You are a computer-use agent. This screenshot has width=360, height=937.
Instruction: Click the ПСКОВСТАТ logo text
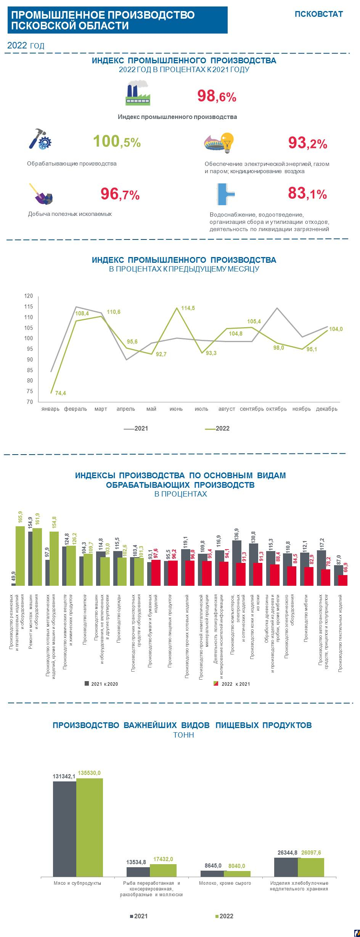(x=318, y=14)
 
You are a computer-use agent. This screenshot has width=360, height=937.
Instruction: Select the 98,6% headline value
(x=217, y=96)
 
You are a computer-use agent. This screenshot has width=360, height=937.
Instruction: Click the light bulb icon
(x=227, y=142)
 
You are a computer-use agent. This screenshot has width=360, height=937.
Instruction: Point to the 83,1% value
(x=307, y=194)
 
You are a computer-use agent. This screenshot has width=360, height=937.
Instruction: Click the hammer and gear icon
(x=40, y=139)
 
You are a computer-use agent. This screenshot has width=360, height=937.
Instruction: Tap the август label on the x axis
(x=227, y=409)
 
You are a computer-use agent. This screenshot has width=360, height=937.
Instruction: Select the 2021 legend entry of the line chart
(x=136, y=429)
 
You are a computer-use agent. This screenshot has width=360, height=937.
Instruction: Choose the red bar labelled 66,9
(x=343, y=580)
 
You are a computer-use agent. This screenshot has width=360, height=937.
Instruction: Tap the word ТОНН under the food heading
(x=183, y=735)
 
